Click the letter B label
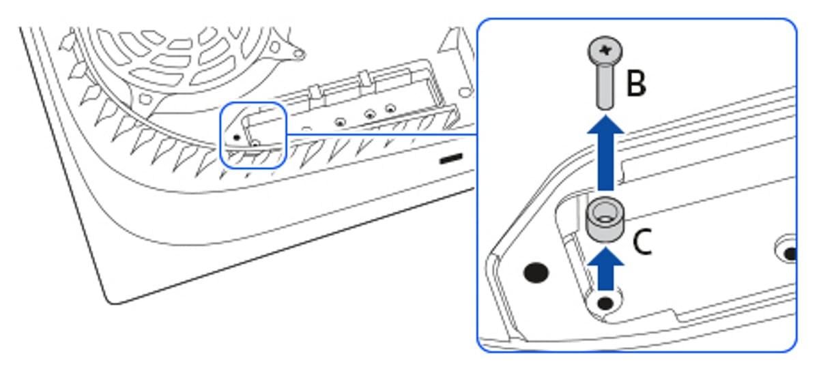click(636, 83)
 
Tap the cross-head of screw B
click(605, 50)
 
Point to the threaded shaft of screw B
click(605, 87)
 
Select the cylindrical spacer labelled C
click(605, 220)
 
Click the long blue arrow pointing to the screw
click(605, 153)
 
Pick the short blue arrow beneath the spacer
click(605, 269)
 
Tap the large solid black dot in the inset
click(536, 273)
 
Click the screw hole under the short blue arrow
click(605, 303)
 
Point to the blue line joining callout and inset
click(382, 134)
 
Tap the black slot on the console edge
click(451, 159)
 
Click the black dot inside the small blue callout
click(237, 138)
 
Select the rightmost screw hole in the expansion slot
click(390, 108)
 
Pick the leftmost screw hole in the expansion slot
click(340, 122)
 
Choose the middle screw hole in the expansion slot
click(370, 115)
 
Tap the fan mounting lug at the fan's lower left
click(145, 99)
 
